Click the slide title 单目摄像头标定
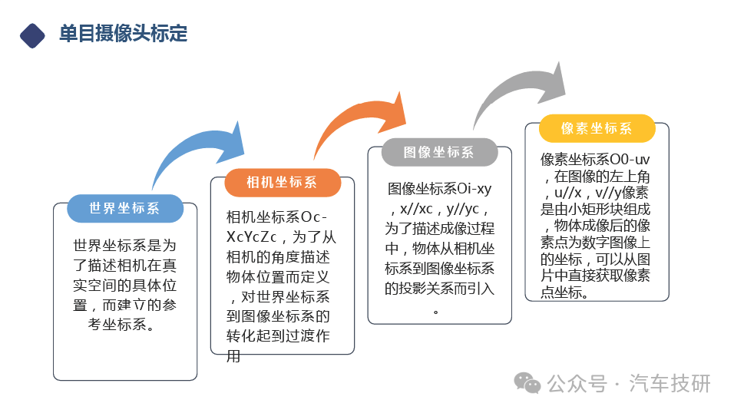[123, 33]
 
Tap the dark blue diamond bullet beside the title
[32, 36]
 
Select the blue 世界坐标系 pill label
[125, 208]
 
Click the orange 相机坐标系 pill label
[283, 183]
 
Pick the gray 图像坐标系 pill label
[439, 152]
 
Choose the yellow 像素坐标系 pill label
[597, 128]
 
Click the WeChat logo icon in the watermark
[527, 383]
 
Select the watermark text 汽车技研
[670, 384]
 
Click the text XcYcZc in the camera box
[252, 237]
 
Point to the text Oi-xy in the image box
[474, 189]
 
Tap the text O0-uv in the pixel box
[630, 160]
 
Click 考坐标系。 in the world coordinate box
[121, 324]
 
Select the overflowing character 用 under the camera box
[233, 356]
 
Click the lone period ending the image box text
[436, 312]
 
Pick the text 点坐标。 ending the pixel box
[564, 292]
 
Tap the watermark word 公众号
[577, 384]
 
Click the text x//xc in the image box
[416, 209]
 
